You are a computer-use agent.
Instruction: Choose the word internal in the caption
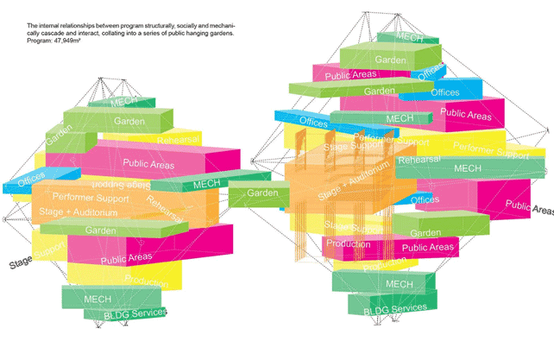pos(50,27)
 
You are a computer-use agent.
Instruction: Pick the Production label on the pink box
pos(348,244)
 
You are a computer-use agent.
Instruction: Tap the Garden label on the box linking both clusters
pos(262,193)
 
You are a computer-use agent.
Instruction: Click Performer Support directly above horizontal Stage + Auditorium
pos(91,199)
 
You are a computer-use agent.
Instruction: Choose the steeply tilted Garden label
pos(57,134)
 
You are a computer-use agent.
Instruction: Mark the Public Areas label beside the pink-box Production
pos(427,248)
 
